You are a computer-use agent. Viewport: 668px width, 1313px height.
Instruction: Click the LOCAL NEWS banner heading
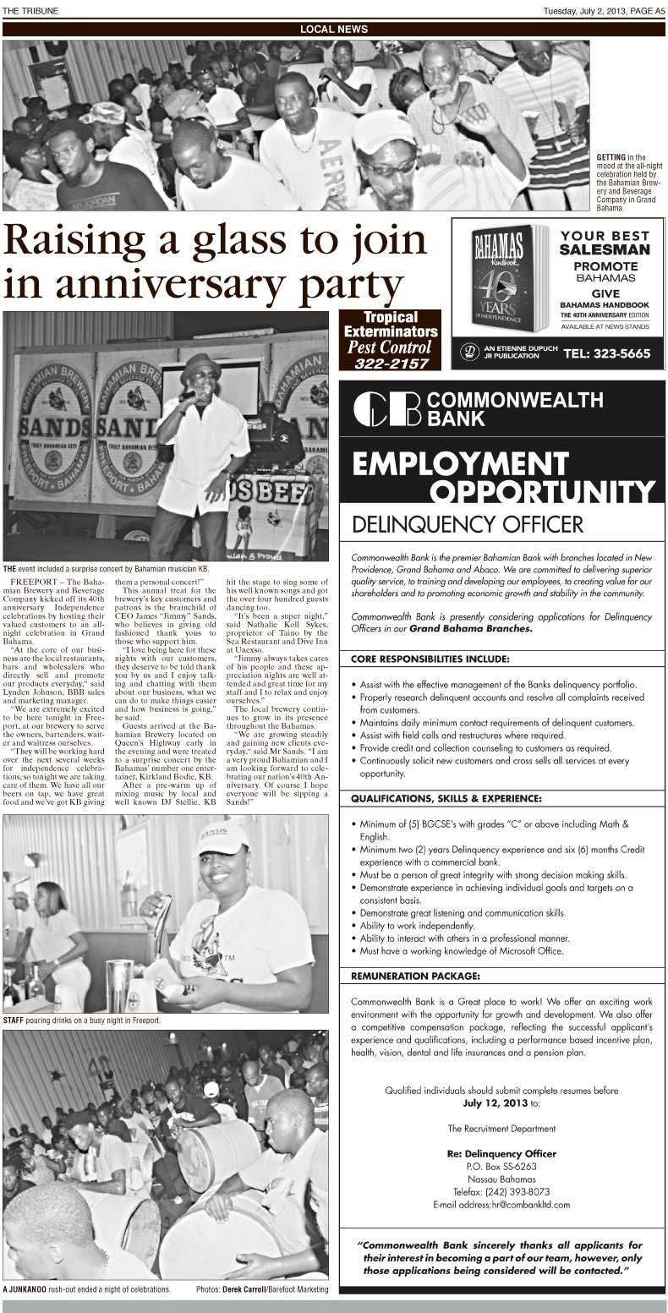334,30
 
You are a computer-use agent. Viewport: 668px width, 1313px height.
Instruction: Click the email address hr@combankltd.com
530,1204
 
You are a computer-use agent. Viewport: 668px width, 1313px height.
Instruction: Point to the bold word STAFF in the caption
14,1020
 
